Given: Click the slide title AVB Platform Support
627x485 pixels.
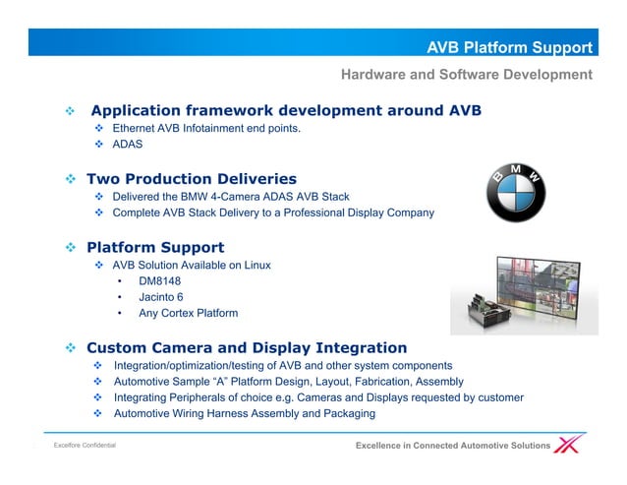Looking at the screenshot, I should [x=509, y=47].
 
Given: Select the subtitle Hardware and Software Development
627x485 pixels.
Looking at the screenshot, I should [x=466, y=75].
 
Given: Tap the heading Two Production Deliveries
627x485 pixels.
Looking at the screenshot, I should [x=192, y=179].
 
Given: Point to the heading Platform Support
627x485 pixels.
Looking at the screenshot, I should [x=155, y=247].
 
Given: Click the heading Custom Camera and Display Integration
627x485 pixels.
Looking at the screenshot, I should [x=247, y=347].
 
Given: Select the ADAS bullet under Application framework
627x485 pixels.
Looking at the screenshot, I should [x=128, y=145].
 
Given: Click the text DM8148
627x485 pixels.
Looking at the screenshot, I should [x=159, y=280].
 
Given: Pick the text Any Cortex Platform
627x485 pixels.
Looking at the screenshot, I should [x=188, y=314].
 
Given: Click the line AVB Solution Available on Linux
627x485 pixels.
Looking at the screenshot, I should [x=192, y=265].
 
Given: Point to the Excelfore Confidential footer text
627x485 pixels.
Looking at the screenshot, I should [x=85, y=447].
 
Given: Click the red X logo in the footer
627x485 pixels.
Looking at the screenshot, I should [x=569, y=445].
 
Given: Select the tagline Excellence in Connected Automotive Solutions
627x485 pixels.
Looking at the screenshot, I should [x=452, y=447].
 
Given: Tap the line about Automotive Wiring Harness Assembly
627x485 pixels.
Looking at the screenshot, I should [x=244, y=413].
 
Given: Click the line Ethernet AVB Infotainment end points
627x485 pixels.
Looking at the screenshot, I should [x=206, y=128].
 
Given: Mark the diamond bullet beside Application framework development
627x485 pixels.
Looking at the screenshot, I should [x=70, y=110].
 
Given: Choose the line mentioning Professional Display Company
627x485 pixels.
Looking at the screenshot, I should [x=273, y=212].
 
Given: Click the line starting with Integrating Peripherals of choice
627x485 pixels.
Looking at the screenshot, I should [x=317, y=397].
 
